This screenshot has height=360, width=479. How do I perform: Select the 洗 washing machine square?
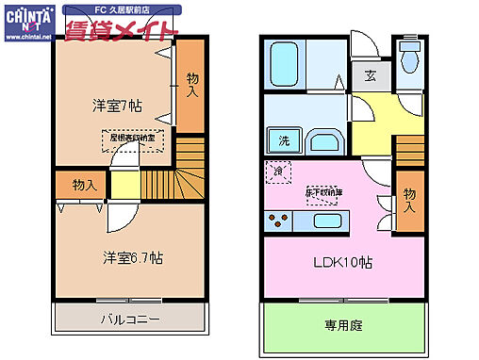coord(283,141)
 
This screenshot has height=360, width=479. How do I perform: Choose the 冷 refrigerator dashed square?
coord(279,172)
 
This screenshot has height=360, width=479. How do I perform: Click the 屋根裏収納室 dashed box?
coord(132,139)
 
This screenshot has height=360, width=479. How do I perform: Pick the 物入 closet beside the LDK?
coord(408,199)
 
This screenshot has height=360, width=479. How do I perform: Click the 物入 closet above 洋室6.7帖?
coord(83,185)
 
